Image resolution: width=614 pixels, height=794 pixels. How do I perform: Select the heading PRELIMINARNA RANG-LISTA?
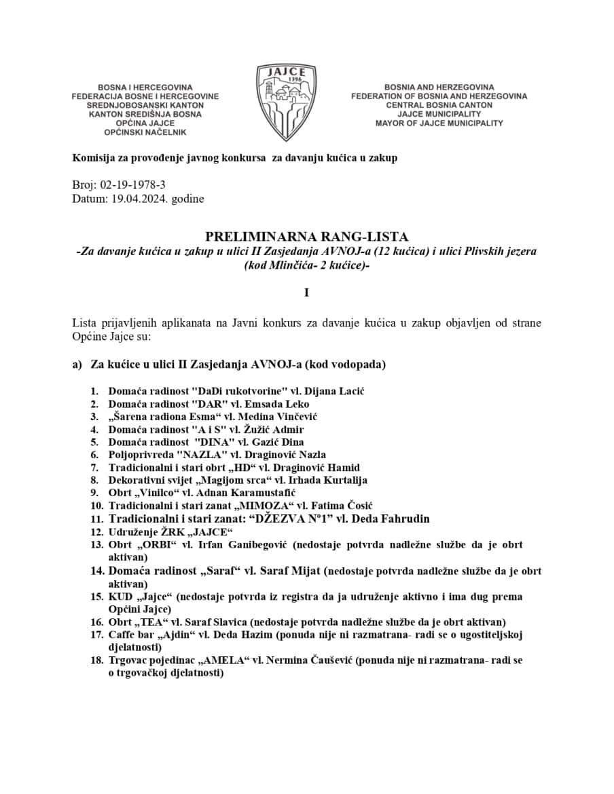coord(306,237)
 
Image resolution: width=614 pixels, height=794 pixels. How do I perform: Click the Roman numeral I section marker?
coord(306,292)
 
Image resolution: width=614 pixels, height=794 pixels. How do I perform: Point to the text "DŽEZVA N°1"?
coord(294,518)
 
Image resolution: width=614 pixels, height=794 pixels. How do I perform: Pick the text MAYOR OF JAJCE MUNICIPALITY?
coord(439,124)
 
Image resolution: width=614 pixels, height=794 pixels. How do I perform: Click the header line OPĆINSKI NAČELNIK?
coord(145,132)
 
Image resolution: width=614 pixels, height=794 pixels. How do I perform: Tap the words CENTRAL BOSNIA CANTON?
coord(439,105)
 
